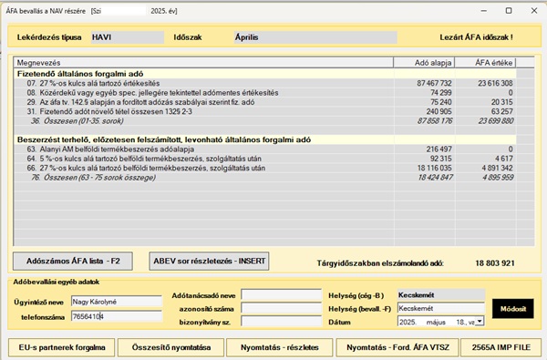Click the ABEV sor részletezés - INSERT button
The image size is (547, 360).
coord(209,260)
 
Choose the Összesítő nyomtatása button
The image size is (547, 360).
coord(170,347)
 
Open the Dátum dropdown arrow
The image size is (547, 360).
coord(480,321)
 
